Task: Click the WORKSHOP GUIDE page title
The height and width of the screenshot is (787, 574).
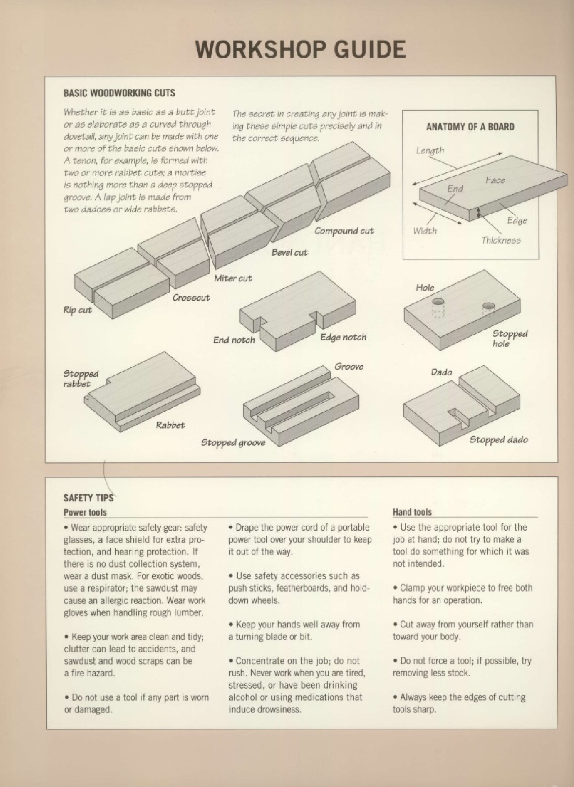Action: coord(300,49)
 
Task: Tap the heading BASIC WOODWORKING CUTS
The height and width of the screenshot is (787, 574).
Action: coord(119,93)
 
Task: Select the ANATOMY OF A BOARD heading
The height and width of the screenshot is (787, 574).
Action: coord(470,127)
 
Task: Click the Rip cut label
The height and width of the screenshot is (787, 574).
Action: coord(78,310)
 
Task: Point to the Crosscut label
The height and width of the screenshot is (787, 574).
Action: coord(191,297)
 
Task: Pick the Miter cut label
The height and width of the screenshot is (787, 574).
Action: coord(233,278)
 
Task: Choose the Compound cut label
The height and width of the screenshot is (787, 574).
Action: coord(344,231)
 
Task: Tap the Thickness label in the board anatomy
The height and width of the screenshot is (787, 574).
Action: coord(501,240)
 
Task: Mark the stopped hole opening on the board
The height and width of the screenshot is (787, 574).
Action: coord(488,306)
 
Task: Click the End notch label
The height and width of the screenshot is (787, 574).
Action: coord(234,340)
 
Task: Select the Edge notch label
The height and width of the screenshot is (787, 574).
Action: coord(343,337)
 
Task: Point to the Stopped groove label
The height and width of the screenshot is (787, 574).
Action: coord(233,443)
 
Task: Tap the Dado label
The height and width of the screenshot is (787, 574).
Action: coord(441,372)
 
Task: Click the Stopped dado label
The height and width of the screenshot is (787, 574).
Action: coord(499,439)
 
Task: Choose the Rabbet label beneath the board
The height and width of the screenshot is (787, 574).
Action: coord(170,425)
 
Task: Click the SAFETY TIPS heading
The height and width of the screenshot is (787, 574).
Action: coord(88,497)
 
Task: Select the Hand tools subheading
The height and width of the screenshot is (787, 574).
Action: coord(412,512)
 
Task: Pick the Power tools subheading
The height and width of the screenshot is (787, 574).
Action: coord(85,512)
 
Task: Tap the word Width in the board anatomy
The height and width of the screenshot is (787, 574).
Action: coord(425,230)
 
